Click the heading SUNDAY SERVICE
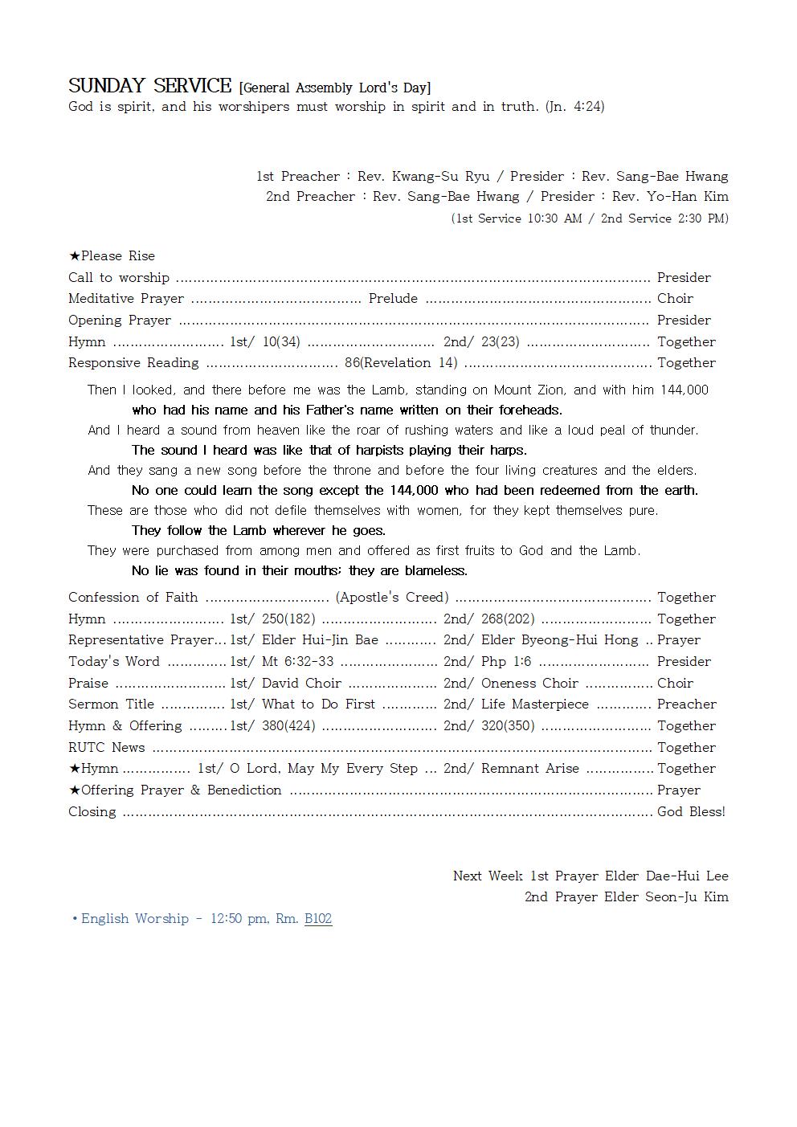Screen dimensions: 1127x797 [149, 86]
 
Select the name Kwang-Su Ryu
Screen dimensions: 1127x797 [440, 176]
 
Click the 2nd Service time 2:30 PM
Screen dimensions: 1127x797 [701, 218]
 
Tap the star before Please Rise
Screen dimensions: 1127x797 [74, 256]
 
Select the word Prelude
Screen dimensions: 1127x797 [393, 299]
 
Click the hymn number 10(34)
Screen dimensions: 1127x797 [281, 341]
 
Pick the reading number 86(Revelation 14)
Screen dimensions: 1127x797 [401, 363]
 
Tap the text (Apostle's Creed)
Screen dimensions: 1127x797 [392, 597]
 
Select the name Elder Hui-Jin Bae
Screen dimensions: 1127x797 [320, 640]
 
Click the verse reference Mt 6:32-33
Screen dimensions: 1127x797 [297, 662]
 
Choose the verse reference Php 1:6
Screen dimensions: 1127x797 [506, 662]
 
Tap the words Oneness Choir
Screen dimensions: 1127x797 [529, 683]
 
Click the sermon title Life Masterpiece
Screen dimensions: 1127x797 [535, 704]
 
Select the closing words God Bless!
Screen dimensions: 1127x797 [691, 811]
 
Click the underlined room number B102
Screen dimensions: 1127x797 [318, 918]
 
